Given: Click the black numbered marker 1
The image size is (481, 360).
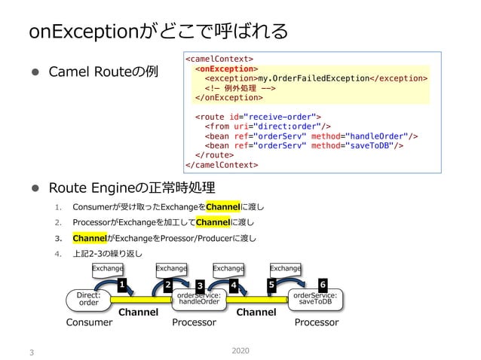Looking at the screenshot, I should coord(121,284).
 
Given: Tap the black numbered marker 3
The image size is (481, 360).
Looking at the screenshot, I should coord(200,285).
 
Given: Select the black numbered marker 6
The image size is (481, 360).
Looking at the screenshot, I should coord(323,284).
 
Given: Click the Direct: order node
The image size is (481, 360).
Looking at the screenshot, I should coord(89,298).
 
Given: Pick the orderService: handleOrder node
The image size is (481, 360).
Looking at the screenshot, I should coord(198,299).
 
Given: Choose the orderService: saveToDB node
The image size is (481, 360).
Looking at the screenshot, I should coord(315,298).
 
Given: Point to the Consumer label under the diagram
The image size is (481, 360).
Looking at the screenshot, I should coord(89,322).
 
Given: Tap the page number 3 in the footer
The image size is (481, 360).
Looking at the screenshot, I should coord(31,351).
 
